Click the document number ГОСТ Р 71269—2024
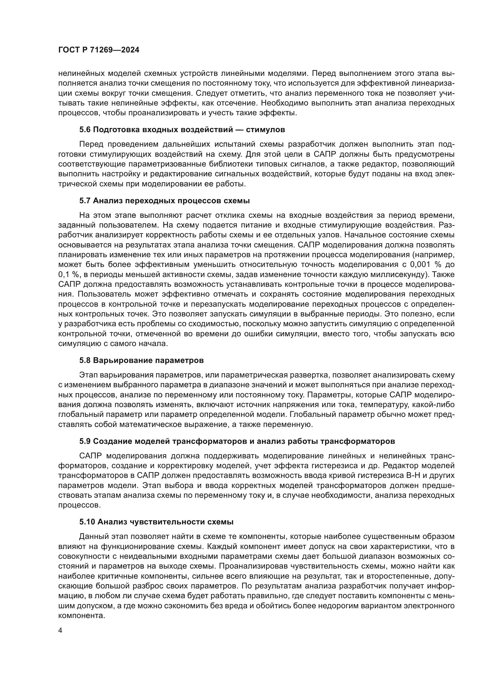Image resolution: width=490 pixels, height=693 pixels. point(99,50)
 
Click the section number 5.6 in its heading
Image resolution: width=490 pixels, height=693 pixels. point(85,130)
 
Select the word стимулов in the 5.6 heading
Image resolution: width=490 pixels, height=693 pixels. point(265,130)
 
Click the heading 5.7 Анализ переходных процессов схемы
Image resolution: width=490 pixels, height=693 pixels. point(164,201)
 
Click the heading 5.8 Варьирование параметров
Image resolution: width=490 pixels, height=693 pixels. point(142,360)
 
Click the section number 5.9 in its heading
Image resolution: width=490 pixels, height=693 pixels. point(85,441)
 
